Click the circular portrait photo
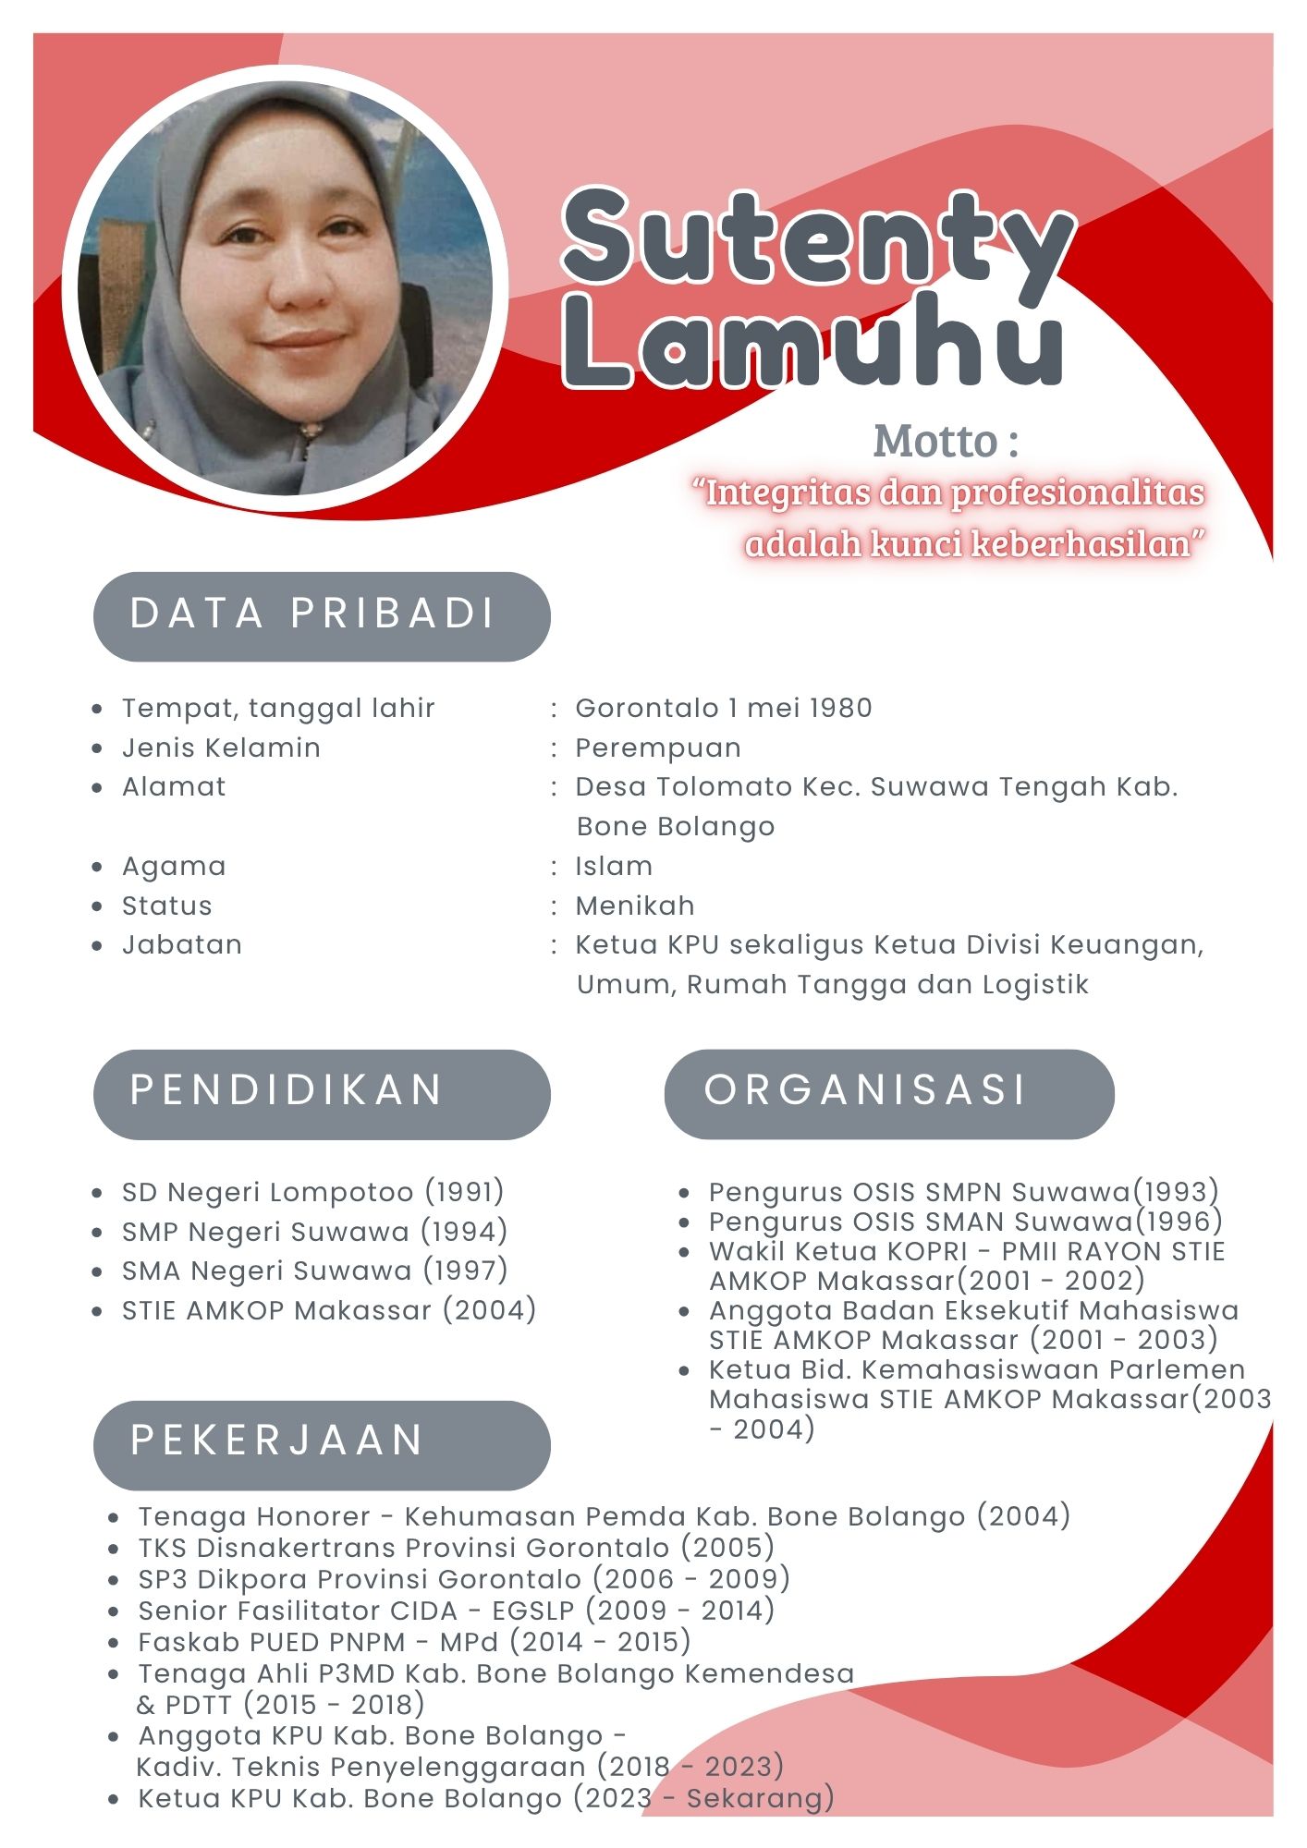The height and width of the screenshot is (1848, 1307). click(x=285, y=288)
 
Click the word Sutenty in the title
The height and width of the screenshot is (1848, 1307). click(x=818, y=237)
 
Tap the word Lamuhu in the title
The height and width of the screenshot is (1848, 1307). click(x=813, y=342)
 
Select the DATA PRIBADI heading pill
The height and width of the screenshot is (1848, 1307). click(x=322, y=615)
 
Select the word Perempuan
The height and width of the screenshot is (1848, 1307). click(x=658, y=748)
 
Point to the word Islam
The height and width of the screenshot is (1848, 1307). click(x=614, y=866)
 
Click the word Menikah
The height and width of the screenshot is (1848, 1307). click(x=635, y=906)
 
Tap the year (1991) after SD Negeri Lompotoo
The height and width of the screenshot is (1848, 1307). click(x=465, y=1192)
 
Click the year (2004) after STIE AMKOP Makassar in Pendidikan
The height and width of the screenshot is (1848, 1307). click(x=490, y=1310)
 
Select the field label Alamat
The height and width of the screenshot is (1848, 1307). click(x=174, y=787)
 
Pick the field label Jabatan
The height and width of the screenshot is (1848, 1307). click(x=182, y=945)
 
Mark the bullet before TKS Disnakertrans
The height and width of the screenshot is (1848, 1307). click(x=114, y=1549)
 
